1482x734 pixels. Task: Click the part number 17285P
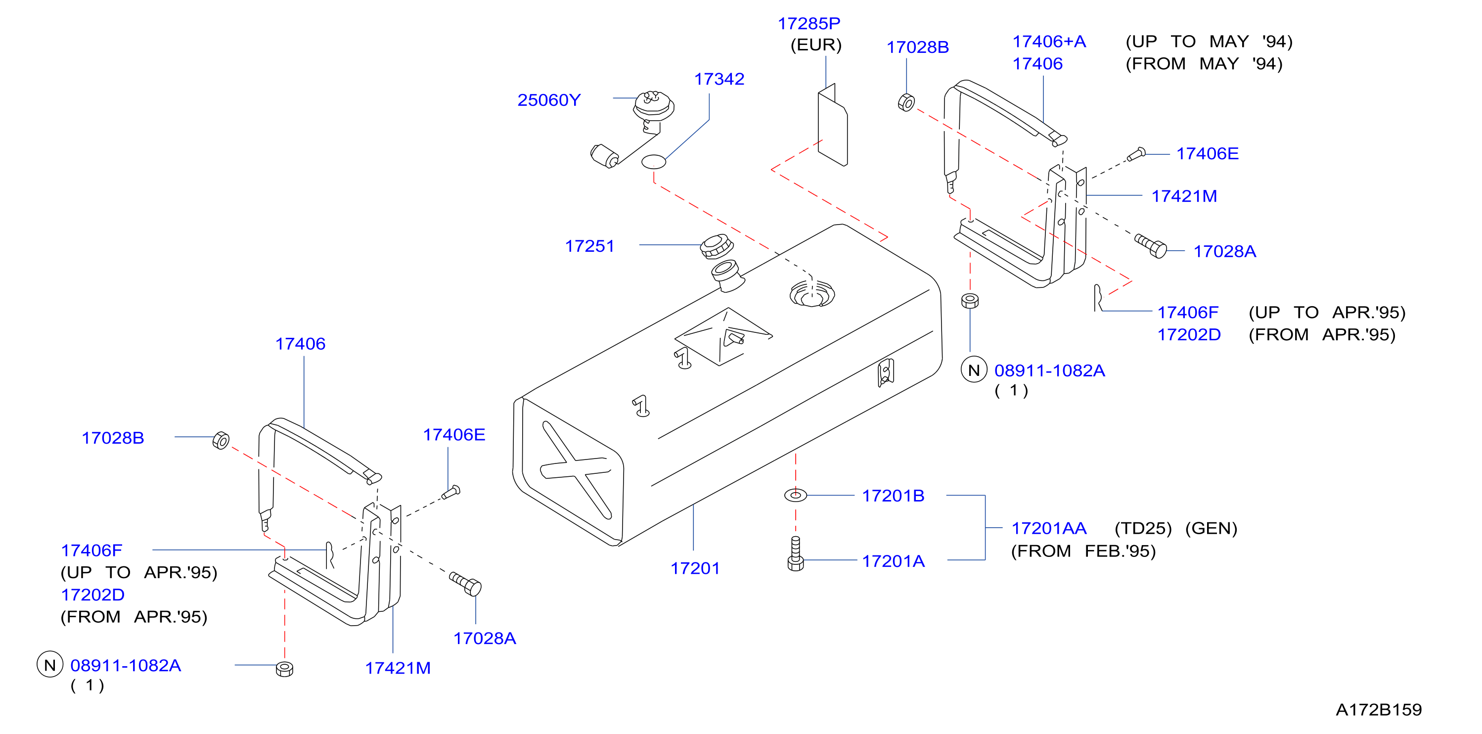[x=809, y=24]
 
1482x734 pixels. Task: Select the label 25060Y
[x=549, y=100]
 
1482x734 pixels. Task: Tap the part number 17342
[x=719, y=79]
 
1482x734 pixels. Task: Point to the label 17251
[x=590, y=246]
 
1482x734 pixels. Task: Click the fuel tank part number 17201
[x=695, y=568]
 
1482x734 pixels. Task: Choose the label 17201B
[x=893, y=496]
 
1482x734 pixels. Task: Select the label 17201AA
[x=1049, y=528]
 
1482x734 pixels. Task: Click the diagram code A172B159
[x=1379, y=710]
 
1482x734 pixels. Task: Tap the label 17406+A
[x=1049, y=42]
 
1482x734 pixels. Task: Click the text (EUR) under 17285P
[x=816, y=45]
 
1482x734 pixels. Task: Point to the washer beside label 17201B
[x=796, y=495]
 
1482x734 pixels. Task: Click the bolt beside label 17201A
[x=796, y=553]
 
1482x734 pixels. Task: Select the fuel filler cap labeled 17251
[x=716, y=246]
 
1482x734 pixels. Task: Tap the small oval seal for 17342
[x=654, y=162]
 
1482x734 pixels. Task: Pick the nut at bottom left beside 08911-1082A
[x=284, y=669]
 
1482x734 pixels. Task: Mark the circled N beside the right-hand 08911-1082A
[x=974, y=370]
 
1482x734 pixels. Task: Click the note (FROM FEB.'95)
[x=1083, y=551]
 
